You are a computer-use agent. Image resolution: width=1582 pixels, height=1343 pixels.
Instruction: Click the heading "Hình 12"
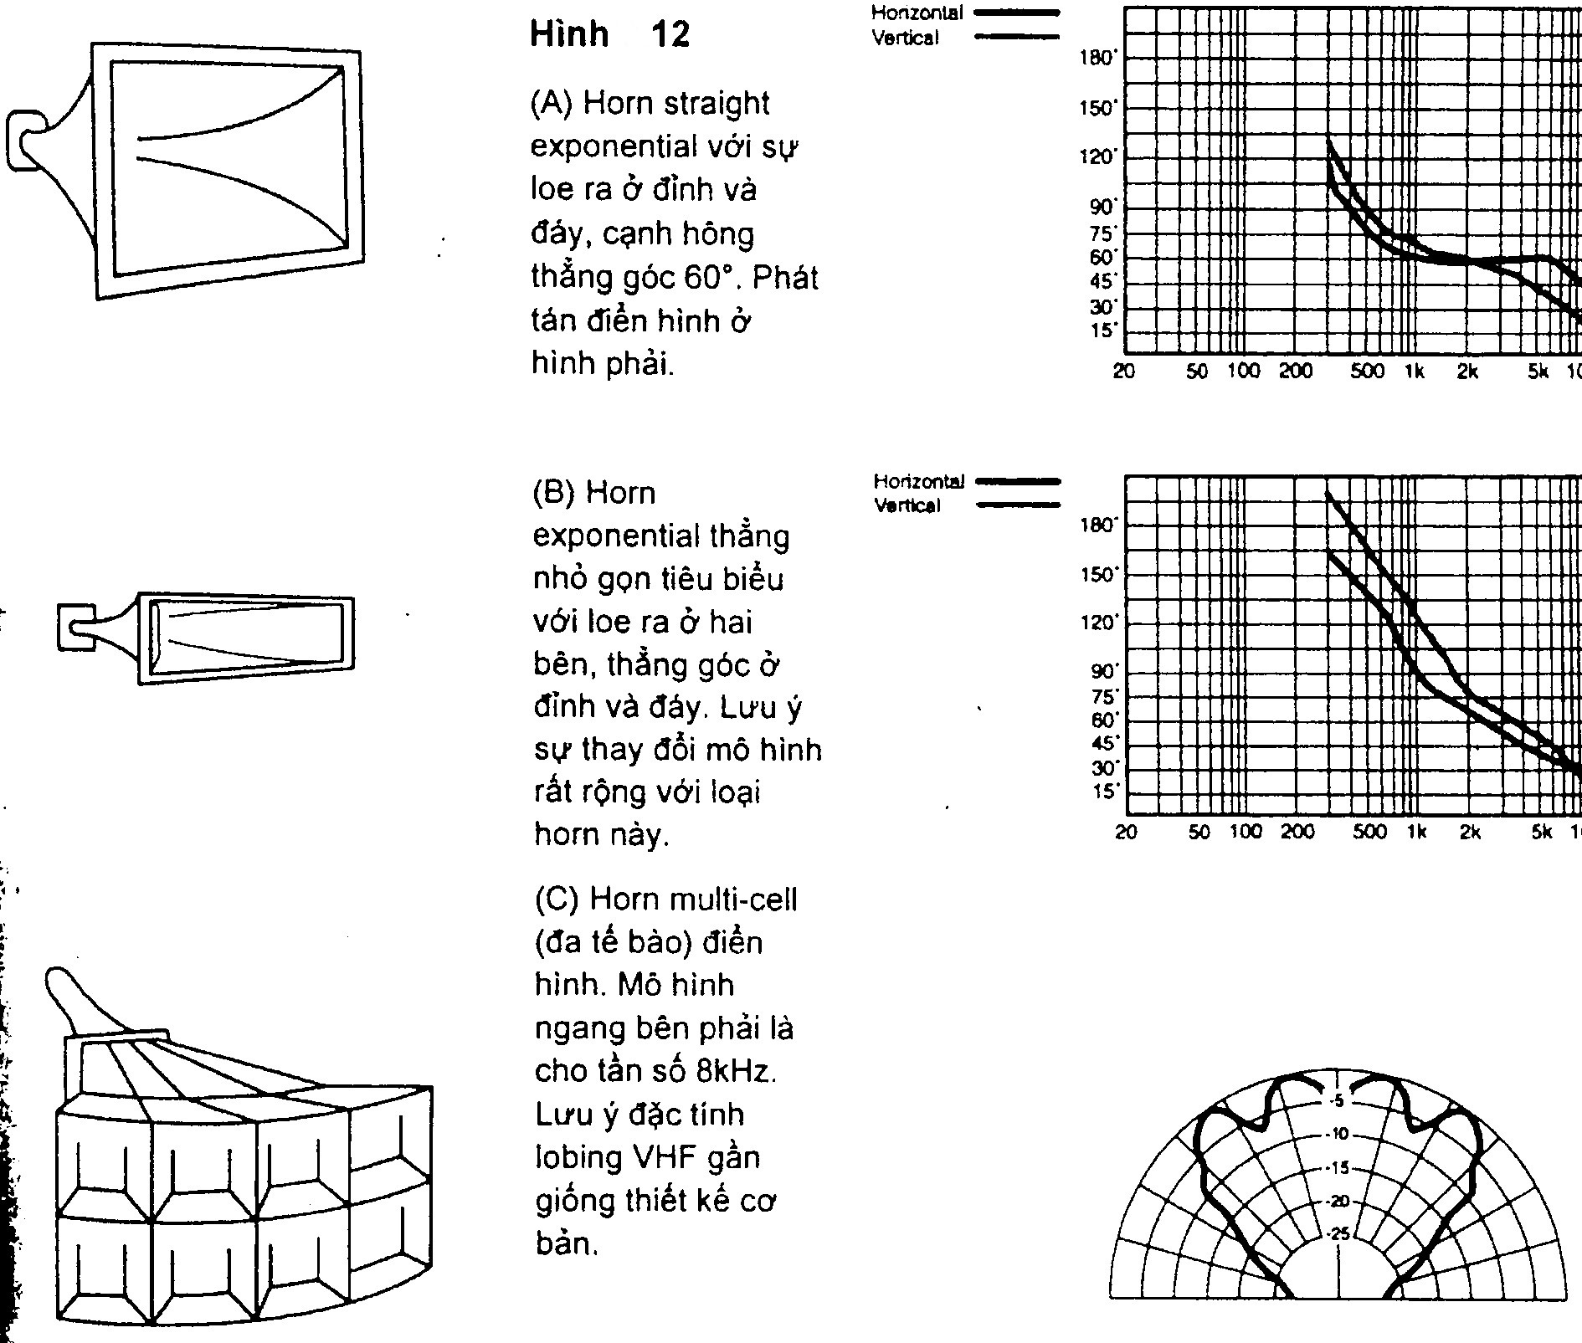pyautogui.click(x=610, y=35)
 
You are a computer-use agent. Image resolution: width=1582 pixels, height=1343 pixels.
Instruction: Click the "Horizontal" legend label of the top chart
pyautogui.click(x=917, y=13)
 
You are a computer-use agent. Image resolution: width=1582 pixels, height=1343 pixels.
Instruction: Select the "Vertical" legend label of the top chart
pyautogui.click(x=906, y=38)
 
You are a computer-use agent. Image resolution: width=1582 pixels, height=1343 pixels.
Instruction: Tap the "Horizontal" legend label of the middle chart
pyautogui.click(x=919, y=482)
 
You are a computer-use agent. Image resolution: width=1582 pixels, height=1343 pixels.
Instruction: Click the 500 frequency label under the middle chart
pyautogui.click(x=1369, y=832)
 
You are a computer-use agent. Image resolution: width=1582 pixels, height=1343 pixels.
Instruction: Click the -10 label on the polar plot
pyautogui.click(x=1338, y=1135)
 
